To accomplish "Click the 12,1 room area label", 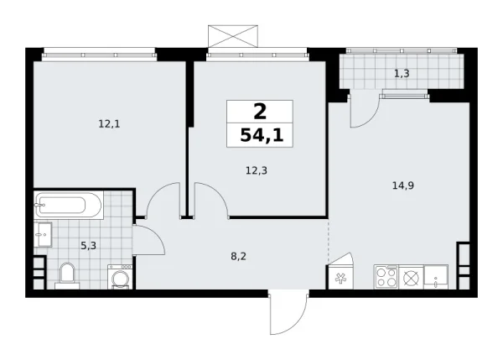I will click(108, 123).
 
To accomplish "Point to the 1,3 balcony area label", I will click(402, 73).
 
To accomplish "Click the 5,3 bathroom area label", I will click(87, 246).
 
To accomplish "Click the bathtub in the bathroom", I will click(68, 204).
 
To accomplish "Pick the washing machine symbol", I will click(120, 276).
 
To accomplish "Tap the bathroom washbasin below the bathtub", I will click(44, 234).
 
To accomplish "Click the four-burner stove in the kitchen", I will click(386, 276).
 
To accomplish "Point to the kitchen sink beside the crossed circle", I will click(435, 277).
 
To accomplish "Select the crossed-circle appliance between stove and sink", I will click(411, 276).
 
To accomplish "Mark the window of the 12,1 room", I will click(99, 53).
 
